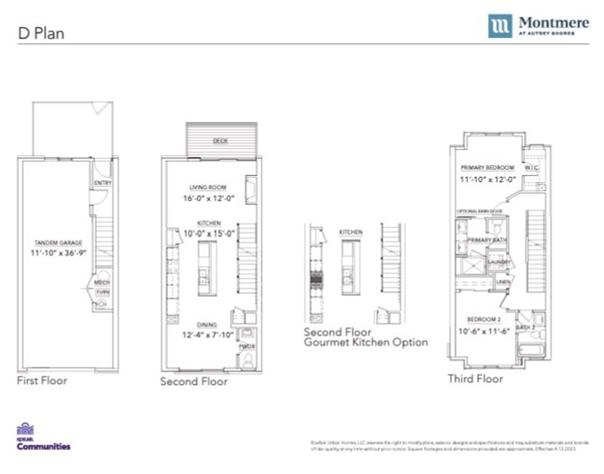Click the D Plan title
(41, 33)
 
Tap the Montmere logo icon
(500, 26)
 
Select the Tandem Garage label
(58, 243)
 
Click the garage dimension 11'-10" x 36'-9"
(58, 253)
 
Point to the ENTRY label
(103, 183)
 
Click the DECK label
(220, 141)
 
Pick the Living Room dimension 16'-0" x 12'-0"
(209, 199)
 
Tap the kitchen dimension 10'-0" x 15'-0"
(209, 233)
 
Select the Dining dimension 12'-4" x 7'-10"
(208, 335)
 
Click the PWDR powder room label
(246, 347)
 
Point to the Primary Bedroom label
(487, 168)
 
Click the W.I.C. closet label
(531, 168)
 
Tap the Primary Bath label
(487, 240)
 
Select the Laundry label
(499, 262)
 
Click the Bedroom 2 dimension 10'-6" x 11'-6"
(485, 331)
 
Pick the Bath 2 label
(525, 328)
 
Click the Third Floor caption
(475, 379)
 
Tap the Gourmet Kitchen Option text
(366, 342)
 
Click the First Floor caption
(42, 381)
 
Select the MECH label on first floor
(102, 283)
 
